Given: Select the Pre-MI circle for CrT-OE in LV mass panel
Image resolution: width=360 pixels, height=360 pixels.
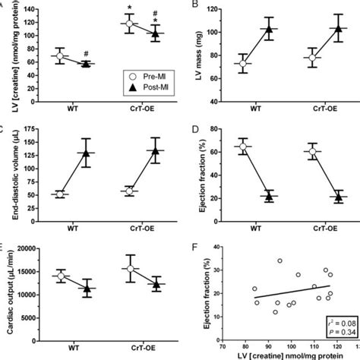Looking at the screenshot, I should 291,57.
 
